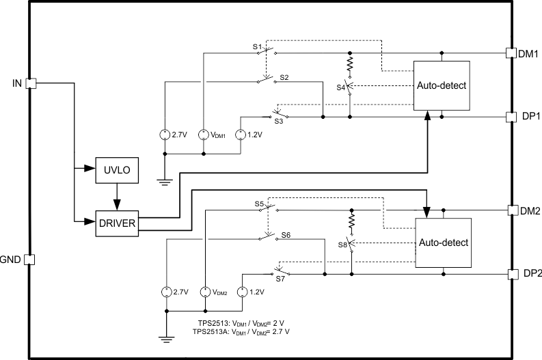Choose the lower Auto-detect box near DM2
(x=444, y=242)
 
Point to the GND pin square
(x=29, y=260)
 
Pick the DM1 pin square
(x=510, y=53)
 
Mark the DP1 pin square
(x=510, y=117)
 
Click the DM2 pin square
(x=512, y=210)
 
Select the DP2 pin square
(x=512, y=274)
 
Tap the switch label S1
(x=258, y=46)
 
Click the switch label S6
(x=286, y=234)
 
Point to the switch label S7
(x=280, y=279)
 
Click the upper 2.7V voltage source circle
(x=165, y=134)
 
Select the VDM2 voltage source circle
(x=204, y=292)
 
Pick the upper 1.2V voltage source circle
(x=241, y=134)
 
